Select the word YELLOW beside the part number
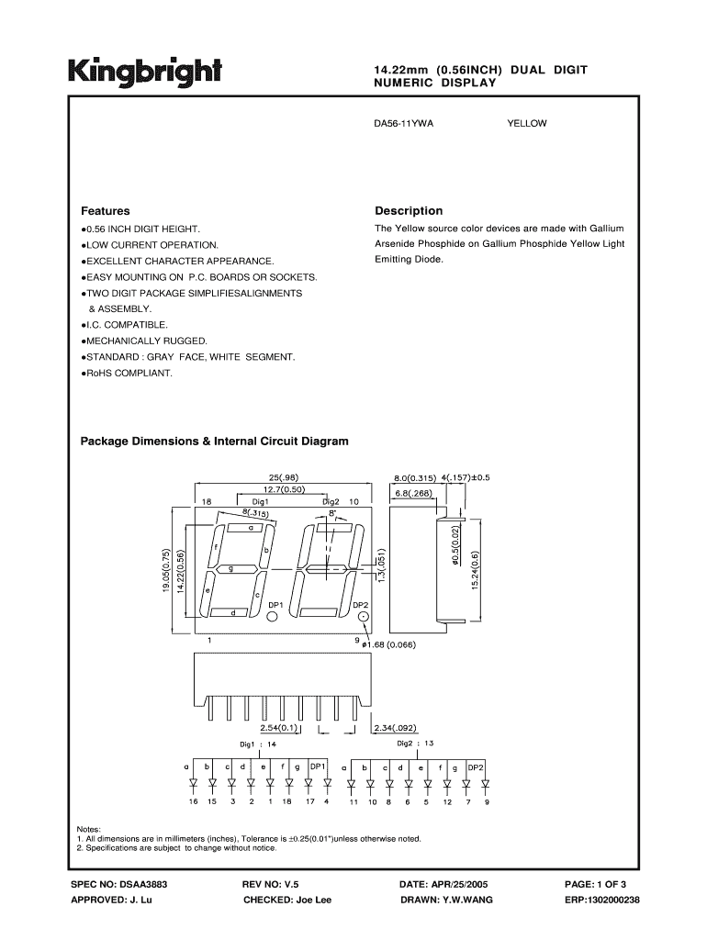tap(526, 122)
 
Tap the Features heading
tap(106, 210)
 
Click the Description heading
tap(409, 210)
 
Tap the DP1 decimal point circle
tap(273, 618)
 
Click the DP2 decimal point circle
tap(363, 618)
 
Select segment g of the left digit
tap(230, 570)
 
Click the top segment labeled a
tap(250, 529)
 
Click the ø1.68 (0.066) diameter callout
tap(389, 643)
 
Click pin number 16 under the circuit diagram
tap(193, 802)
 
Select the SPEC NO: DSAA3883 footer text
tap(118, 883)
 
